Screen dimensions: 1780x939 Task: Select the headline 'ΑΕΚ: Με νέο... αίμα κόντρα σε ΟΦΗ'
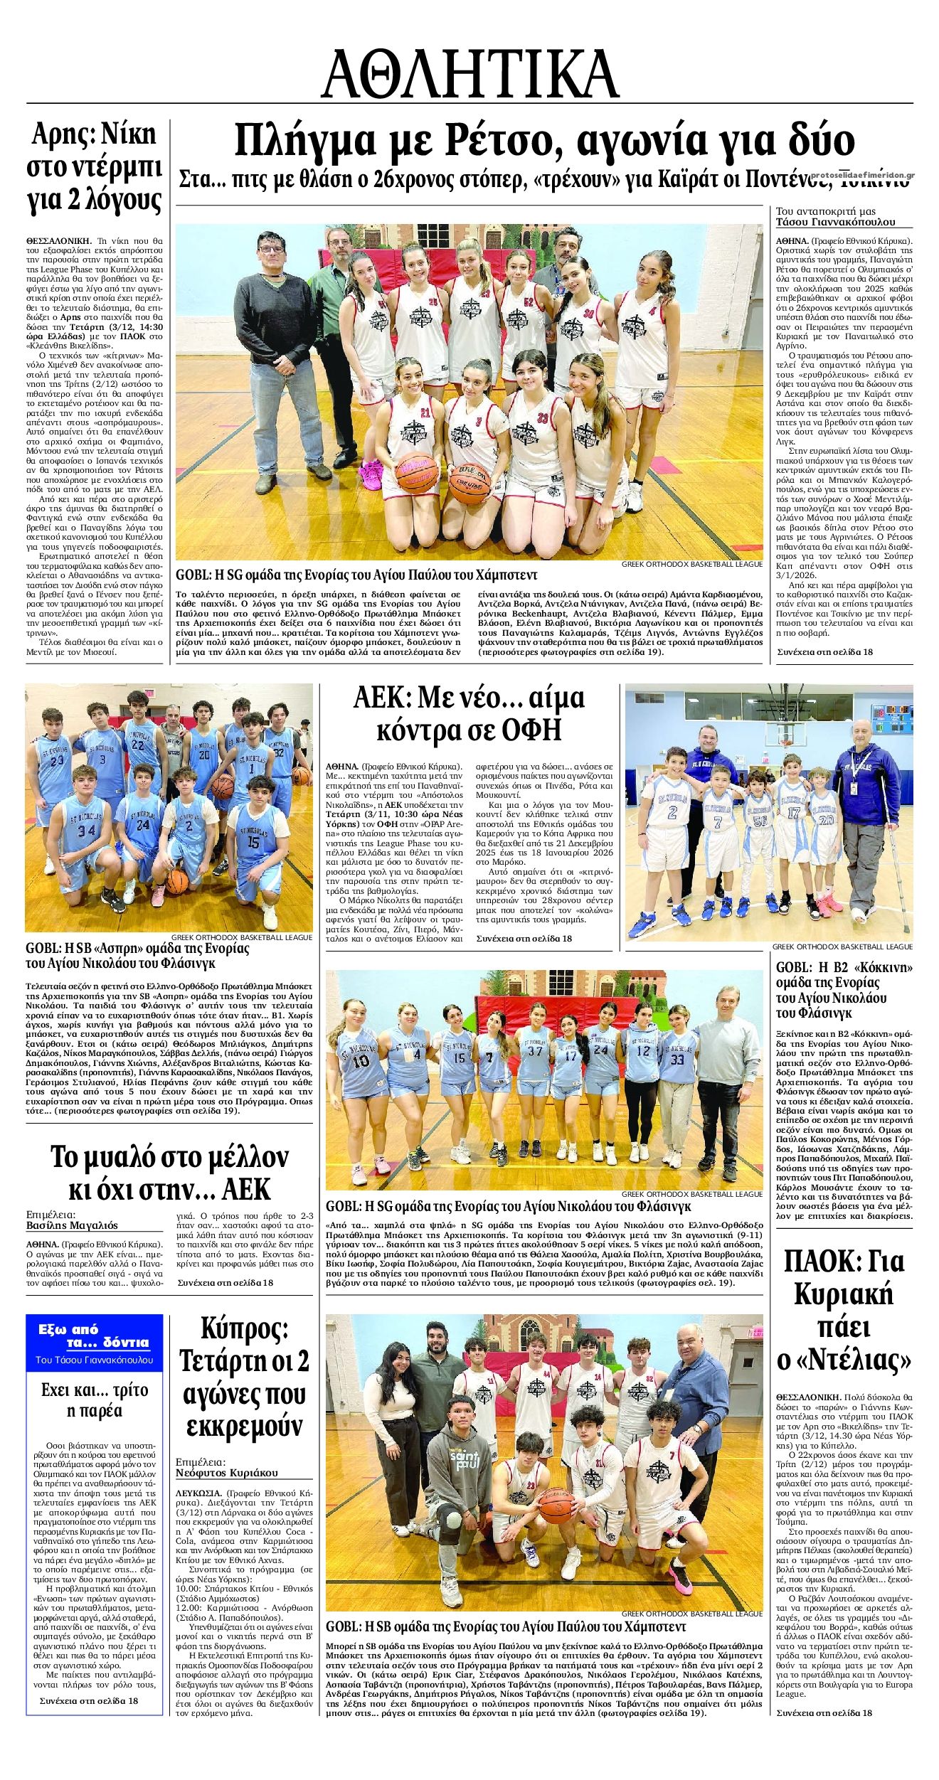click(x=469, y=714)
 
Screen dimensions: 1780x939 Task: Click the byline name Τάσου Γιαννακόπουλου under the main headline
click(x=835, y=221)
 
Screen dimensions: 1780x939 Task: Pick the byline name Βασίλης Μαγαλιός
click(x=72, y=1225)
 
